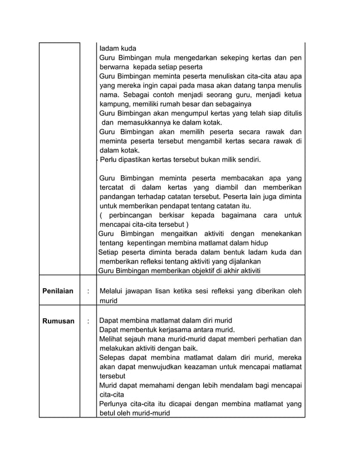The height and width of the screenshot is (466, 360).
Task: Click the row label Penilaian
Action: pyautogui.click(x=58, y=291)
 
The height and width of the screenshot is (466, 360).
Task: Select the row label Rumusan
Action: pyautogui.click(x=58, y=321)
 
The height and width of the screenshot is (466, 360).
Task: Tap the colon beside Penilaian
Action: pyautogui.click(x=87, y=291)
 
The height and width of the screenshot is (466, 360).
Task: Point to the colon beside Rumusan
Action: pyautogui.click(x=87, y=321)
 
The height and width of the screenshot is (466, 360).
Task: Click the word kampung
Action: pyautogui.click(x=117, y=104)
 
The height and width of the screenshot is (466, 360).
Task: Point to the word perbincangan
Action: pyautogui.click(x=137, y=216)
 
